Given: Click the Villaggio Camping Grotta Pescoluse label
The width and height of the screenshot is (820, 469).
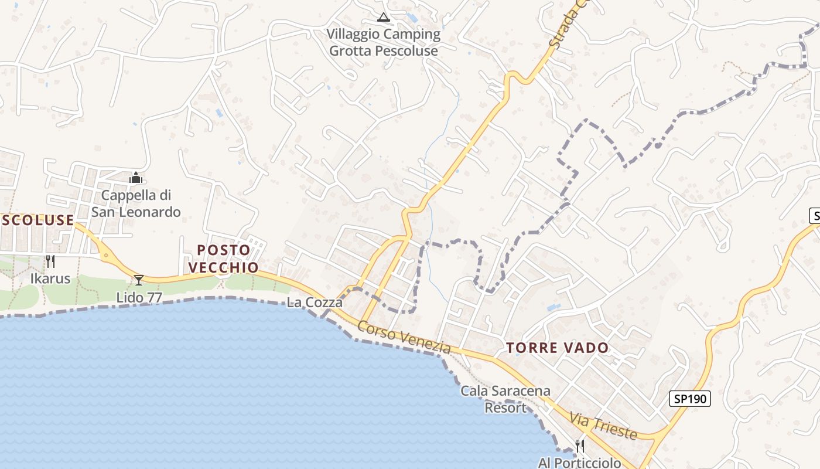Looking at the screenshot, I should point(384,42).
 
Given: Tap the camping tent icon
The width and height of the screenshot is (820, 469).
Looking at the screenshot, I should point(384,17).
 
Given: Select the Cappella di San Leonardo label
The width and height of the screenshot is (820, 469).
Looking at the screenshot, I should point(136,203).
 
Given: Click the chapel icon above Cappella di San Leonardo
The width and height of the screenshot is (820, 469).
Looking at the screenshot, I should point(136,177).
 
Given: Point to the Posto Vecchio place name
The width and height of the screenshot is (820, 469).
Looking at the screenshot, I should point(223,259).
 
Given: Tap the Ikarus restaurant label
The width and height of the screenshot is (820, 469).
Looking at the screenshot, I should point(50,278).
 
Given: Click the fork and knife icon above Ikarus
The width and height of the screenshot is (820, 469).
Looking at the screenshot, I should point(50,261).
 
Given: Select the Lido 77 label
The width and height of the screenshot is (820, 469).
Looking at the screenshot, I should point(139,297).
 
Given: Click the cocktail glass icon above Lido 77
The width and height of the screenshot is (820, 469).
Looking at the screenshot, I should point(139,280).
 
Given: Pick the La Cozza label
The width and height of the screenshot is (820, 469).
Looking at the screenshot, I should point(315,303).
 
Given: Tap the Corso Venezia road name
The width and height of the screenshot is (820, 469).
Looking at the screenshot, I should point(404,338).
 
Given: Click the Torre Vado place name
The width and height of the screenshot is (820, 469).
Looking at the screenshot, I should point(558,348).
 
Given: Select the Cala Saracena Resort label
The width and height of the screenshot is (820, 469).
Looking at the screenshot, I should point(505,399).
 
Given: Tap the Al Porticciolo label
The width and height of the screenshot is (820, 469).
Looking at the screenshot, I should point(579,463).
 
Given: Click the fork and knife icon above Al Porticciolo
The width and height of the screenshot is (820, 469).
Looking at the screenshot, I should point(580,446).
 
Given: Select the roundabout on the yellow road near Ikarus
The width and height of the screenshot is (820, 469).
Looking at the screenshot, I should point(105,255).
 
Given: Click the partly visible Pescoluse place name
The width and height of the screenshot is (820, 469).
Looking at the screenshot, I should point(37,220).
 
